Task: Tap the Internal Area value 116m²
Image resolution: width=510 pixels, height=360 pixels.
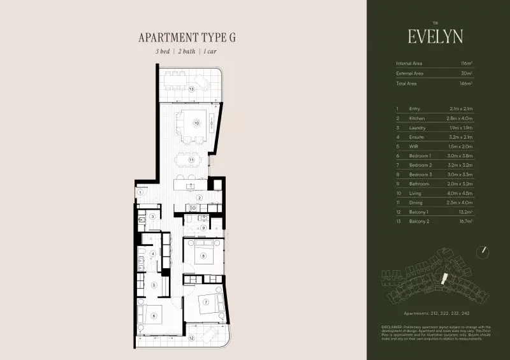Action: (466, 64)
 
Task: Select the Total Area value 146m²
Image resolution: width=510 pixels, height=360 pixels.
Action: (465, 83)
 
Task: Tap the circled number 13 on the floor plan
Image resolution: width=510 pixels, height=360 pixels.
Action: (191, 89)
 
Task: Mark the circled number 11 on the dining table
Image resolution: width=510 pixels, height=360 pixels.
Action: (191, 159)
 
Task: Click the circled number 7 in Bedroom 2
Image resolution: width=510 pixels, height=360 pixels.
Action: (206, 301)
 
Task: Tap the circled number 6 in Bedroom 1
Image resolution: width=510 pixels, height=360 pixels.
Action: (154, 315)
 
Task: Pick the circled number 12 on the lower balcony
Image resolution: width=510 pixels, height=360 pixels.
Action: (191, 338)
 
